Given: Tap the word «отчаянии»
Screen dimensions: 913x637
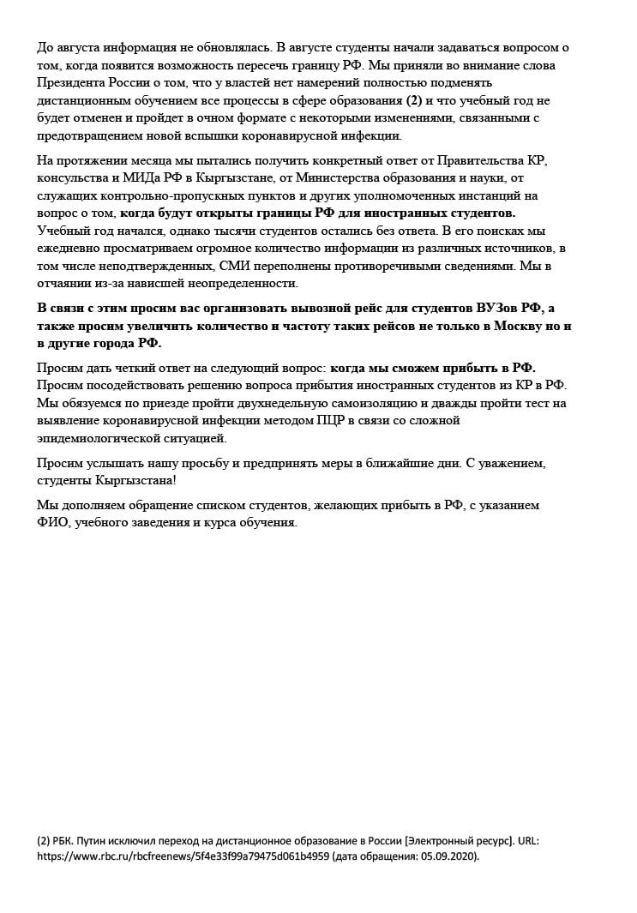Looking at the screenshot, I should click(66, 283).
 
